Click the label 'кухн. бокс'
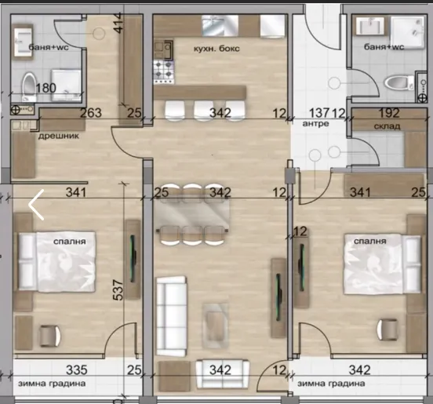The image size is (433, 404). [x=216, y=49]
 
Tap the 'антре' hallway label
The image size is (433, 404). [x=315, y=123]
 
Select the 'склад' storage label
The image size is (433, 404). [x=387, y=126]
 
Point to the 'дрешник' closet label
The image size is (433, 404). [x=59, y=136]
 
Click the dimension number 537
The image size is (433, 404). [x=118, y=290]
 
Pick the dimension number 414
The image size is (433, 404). [x=118, y=24]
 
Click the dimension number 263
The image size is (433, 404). [x=91, y=113]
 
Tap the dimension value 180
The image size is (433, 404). [x=46, y=88]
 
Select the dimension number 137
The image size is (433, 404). [x=319, y=113]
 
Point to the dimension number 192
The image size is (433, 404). [x=389, y=113]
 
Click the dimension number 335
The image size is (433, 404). [x=77, y=369]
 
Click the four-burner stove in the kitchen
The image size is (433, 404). [x=163, y=69]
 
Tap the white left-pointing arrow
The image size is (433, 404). [x=36, y=205]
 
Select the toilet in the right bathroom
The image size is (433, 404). [x=398, y=83]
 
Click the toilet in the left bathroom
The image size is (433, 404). [x=29, y=86]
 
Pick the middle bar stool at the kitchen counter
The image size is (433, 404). [x=204, y=110]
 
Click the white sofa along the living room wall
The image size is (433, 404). [x=172, y=316]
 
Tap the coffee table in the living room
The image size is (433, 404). [x=215, y=326]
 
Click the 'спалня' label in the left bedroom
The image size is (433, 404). [x=70, y=242]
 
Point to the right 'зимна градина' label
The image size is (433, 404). [x=331, y=384]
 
